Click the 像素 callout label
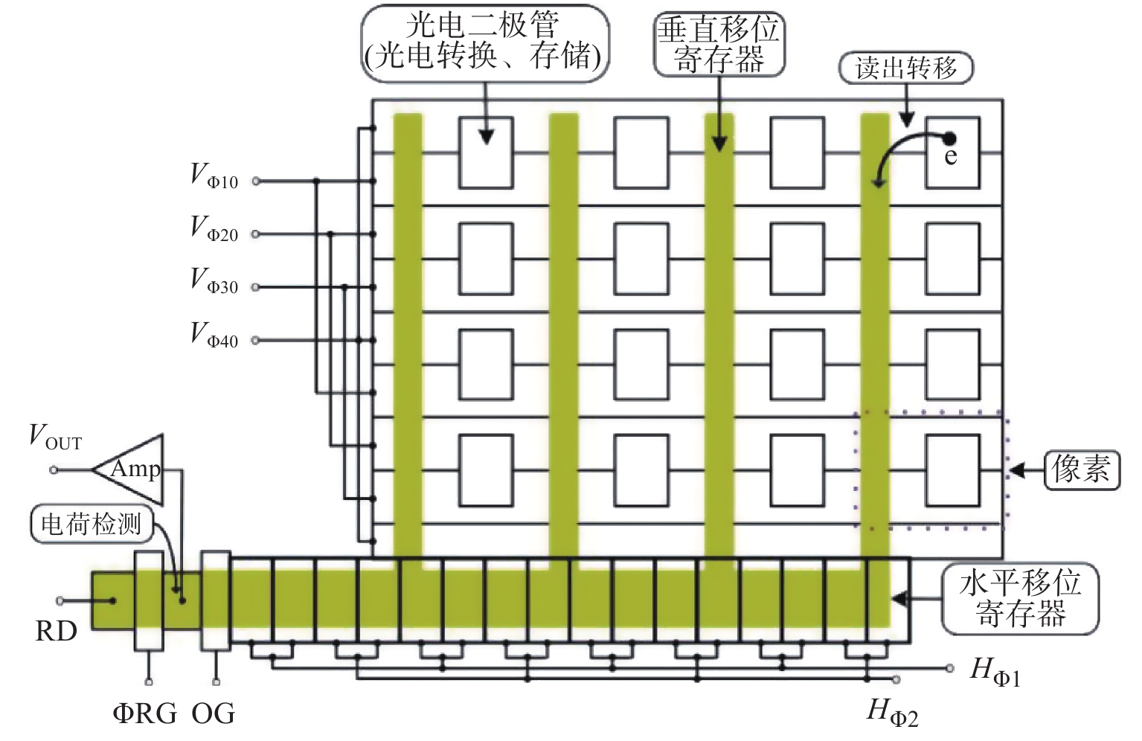pyautogui.click(x=1081, y=469)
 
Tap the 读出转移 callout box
pyautogui.click(x=906, y=68)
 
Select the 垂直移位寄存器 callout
pyautogui.click(x=719, y=44)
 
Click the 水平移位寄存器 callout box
pyautogui.click(x=1020, y=598)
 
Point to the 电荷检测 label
pyautogui.click(x=92, y=524)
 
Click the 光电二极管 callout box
pyautogui.click(x=485, y=43)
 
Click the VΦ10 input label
pyautogui.click(x=214, y=176)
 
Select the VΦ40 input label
pyautogui.click(x=214, y=335)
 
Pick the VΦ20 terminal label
pyautogui.click(x=214, y=228)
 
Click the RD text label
pyautogui.click(x=56, y=632)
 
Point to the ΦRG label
pyautogui.click(x=145, y=713)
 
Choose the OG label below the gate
pyautogui.click(x=213, y=713)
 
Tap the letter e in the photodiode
pyautogui.click(x=950, y=156)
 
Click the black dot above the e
pyautogui.click(x=949, y=138)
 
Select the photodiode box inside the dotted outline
pyautogui.click(x=953, y=470)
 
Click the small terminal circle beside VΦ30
pyautogui.click(x=256, y=287)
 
